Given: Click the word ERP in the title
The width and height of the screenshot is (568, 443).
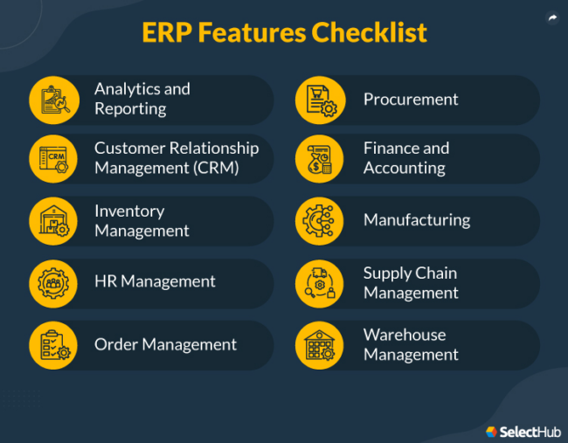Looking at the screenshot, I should (x=167, y=33).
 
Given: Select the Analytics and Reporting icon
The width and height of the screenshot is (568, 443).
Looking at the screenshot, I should (x=54, y=99).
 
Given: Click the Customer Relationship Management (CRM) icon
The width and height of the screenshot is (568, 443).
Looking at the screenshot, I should (x=54, y=158).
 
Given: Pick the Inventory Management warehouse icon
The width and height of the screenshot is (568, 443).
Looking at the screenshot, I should (x=54, y=221).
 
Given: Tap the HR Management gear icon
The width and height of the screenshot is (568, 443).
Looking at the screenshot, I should (x=54, y=282).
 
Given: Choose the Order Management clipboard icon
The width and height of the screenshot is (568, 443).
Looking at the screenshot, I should (x=54, y=344).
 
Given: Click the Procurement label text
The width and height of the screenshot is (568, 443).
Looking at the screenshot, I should (x=411, y=100).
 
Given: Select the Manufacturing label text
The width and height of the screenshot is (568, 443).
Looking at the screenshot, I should (x=417, y=220).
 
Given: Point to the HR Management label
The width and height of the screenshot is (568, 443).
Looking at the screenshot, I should (x=155, y=281).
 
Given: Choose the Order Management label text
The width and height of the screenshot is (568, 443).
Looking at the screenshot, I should (x=165, y=344).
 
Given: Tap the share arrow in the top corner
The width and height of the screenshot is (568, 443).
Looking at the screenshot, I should (x=552, y=17).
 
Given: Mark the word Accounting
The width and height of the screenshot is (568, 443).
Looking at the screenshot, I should (x=405, y=168).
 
